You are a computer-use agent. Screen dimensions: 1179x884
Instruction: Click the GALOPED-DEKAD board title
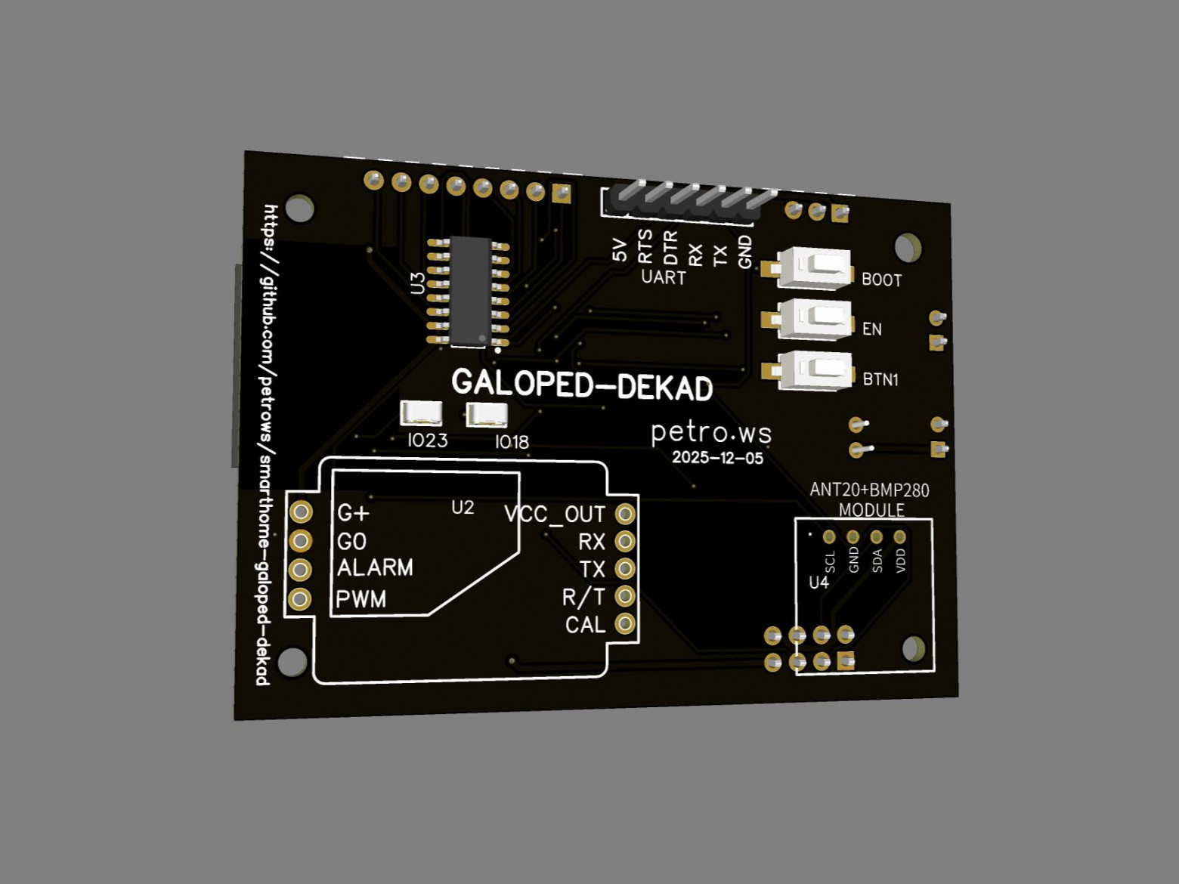pos(582,385)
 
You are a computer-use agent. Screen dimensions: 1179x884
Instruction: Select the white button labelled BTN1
pos(816,369)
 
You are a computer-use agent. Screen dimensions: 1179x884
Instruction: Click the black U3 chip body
pos(471,292)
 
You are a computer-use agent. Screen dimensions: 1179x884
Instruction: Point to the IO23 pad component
pos(421,414)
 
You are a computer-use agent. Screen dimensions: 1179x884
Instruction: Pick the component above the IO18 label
pos(487,415)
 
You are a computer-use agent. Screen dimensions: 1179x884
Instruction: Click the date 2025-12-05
pos(717,457)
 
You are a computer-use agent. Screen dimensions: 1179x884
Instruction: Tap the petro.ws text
pos(711,433)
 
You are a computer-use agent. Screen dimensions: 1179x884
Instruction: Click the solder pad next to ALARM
pos(300,569)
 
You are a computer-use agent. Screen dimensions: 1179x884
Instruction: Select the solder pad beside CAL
pos(625,623)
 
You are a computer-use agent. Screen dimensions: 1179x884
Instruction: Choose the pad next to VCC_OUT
pos(625,514)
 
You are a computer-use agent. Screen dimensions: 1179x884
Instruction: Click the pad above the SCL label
pos(829,536)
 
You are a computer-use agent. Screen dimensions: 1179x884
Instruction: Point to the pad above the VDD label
pos(899,536)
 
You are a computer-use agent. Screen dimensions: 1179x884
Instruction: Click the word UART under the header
pos(664,277)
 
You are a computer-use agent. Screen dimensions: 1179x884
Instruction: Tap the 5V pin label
pos(620,251)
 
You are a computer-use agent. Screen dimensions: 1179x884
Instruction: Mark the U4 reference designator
pos(818,583)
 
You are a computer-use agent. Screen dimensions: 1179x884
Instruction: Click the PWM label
pos(361,599)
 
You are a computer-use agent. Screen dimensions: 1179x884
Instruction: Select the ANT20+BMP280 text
pos(869,490)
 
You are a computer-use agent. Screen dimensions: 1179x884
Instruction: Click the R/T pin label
pos(583,597)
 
